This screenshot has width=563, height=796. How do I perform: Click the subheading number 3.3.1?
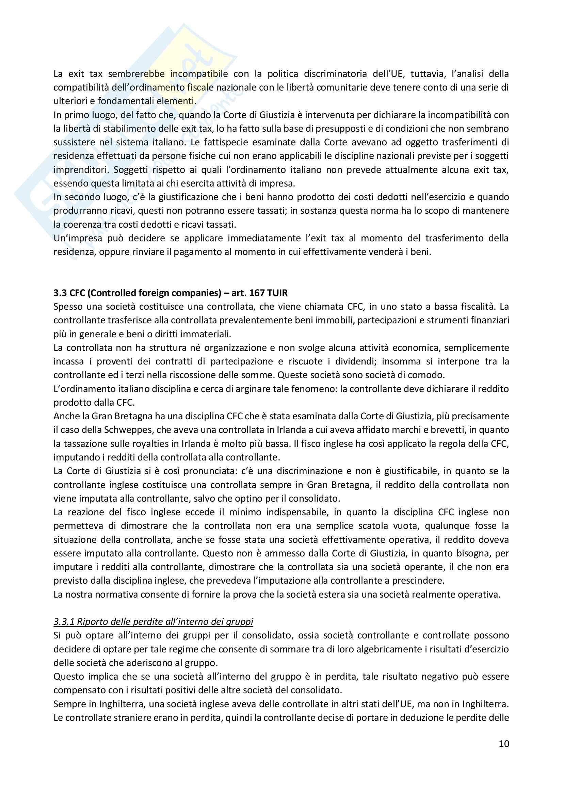[x=64, y=622]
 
